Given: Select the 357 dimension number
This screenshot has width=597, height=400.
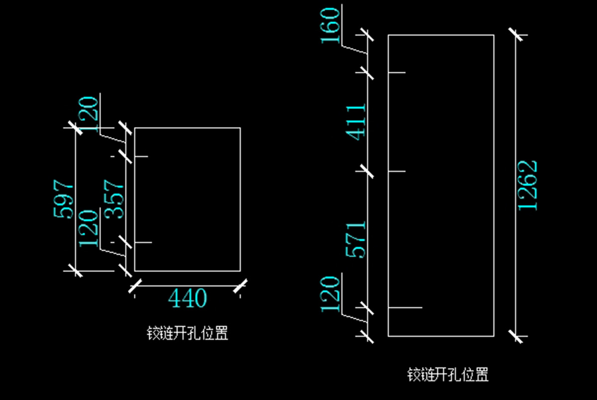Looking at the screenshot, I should [x=115, y=199].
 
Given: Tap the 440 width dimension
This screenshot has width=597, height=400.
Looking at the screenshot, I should [x=188, y=298].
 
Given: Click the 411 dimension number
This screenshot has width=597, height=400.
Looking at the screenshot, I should [x=356, y=122].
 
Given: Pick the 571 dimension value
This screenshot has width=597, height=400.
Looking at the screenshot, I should [x=356, y=240].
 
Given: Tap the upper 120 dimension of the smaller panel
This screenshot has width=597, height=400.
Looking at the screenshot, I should [x=90, y=114].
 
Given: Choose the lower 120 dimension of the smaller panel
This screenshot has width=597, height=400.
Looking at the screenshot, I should [x=90, y=228].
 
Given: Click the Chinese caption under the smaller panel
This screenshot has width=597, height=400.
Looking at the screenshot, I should [x=188, y=333].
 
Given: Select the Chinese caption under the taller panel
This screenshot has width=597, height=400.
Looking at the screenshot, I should [x=448, y=374].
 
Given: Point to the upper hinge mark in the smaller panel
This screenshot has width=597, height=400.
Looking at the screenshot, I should [x=141, y=156].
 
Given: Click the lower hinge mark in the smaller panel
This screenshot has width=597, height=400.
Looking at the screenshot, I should [x=143, y=243].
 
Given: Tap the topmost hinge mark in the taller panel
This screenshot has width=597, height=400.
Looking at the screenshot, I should [x=397, y=73].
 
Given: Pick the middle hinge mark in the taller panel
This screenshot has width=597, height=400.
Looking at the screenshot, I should [x=397, y=171].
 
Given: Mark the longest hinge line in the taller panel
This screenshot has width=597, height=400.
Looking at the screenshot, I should [x=405, y=308].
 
